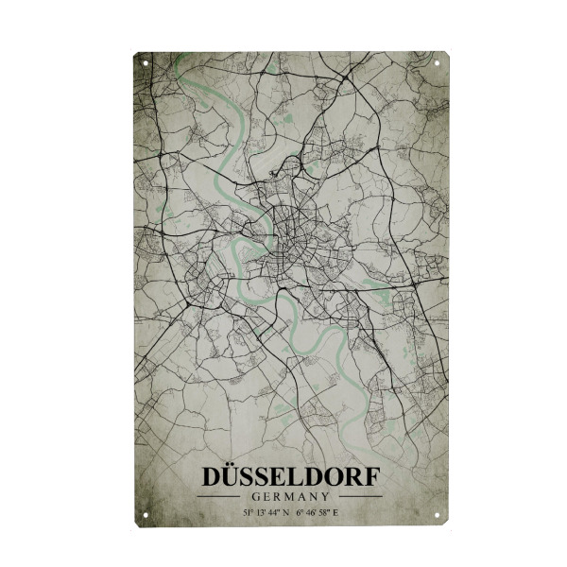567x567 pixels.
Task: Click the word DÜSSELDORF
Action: pyautogui.click(x=290, y=476)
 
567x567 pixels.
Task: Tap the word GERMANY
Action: pyautogui.click(x=290, y=496)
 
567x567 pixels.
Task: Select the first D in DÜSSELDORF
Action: pyautogui.click(x=211, y=476)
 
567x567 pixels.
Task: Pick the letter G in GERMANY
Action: pyautogui.click(x=256, y=496)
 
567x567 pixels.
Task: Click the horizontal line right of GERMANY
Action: pyautogui.click(x=361, y=496)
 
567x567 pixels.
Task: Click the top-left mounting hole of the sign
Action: pyautogui.click(x=145, y=62)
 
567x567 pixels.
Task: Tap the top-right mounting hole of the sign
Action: pyautogui.click(x=438, y=62)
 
